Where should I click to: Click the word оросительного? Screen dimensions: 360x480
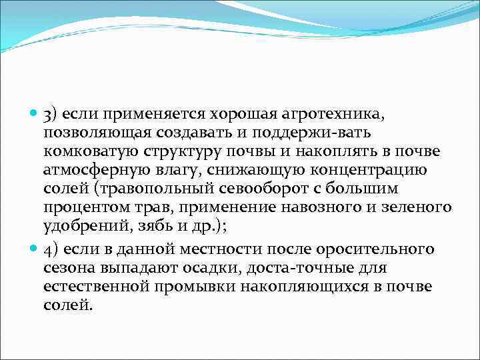click(379, 249)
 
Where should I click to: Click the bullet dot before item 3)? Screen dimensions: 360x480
click(34, 113)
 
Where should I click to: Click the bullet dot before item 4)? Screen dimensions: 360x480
click(34, 250)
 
